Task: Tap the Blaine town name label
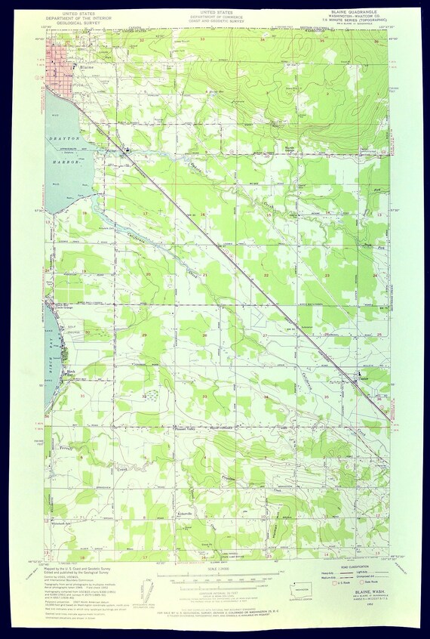pos(86,67)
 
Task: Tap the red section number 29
pos(143,334)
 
